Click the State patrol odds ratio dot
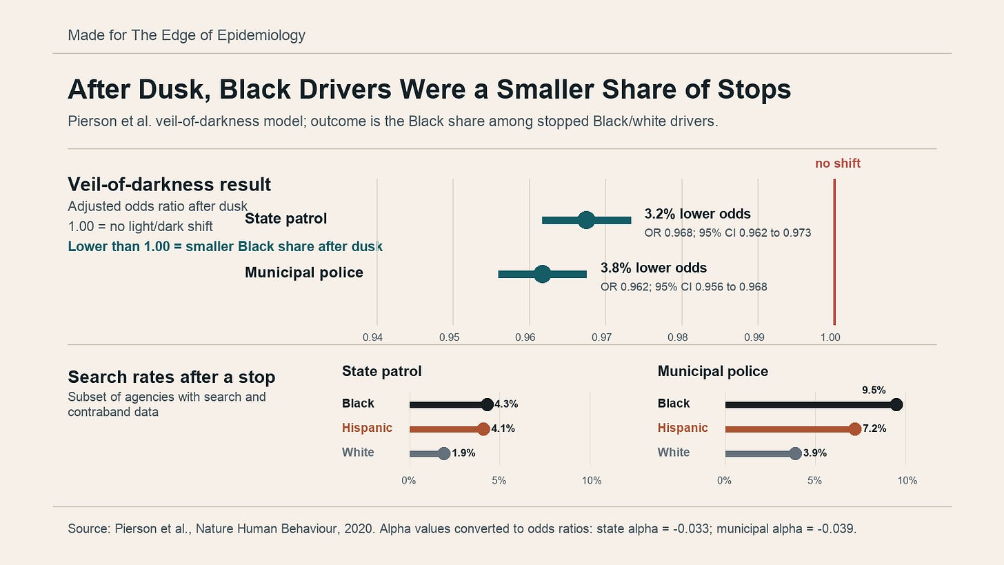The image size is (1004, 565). (x=586, y=220)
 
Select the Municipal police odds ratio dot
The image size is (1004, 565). (x=542, y=274)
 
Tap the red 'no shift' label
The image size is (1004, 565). (x=838, y=163)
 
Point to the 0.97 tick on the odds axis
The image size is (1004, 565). (x=601, y=337)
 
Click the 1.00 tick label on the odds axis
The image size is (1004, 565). (x=830, y=337)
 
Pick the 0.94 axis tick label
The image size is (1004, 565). (x=373, y=337)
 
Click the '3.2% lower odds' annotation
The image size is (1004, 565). (x=697, y=214)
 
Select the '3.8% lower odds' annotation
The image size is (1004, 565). (x=654, y=268)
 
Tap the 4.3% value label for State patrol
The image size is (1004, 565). (x=506, y=404)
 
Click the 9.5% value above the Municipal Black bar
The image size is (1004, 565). (x=874, y=390)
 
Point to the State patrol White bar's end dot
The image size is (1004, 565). (x=444, y=453)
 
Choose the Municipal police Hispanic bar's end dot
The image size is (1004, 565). (x=855, y=429)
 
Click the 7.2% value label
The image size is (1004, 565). (x=874, y=428)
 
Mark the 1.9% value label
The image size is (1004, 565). (x=463, y=453)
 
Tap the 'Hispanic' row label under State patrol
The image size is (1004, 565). (x=367, y=428)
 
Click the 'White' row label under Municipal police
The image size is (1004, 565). (x=674, y=452)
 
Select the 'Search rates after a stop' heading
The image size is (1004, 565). (x=171, y=377)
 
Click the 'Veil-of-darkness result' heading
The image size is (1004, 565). (x=170, y=184)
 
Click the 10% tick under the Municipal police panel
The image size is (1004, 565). (x=907, y=481)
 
